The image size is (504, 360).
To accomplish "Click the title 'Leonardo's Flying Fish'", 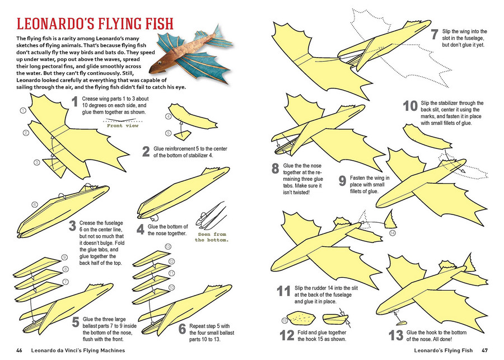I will click(94, 25).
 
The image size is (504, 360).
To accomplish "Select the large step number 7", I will click(433, 35).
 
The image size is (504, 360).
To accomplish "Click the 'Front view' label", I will click(122, 125).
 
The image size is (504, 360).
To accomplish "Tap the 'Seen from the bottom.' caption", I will click(212, 237).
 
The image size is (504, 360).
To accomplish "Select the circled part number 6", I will click(34, 205).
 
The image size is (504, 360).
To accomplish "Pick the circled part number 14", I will click(392, 232).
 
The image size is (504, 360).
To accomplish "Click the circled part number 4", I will click(168, 116).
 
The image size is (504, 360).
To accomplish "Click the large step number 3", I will click(72, 226).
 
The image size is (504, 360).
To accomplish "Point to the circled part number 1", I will click(23, 111).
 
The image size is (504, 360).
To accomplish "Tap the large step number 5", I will click(74, 322).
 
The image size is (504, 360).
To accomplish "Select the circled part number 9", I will click(64, 257).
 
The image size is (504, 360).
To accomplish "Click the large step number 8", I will click(275, 169).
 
